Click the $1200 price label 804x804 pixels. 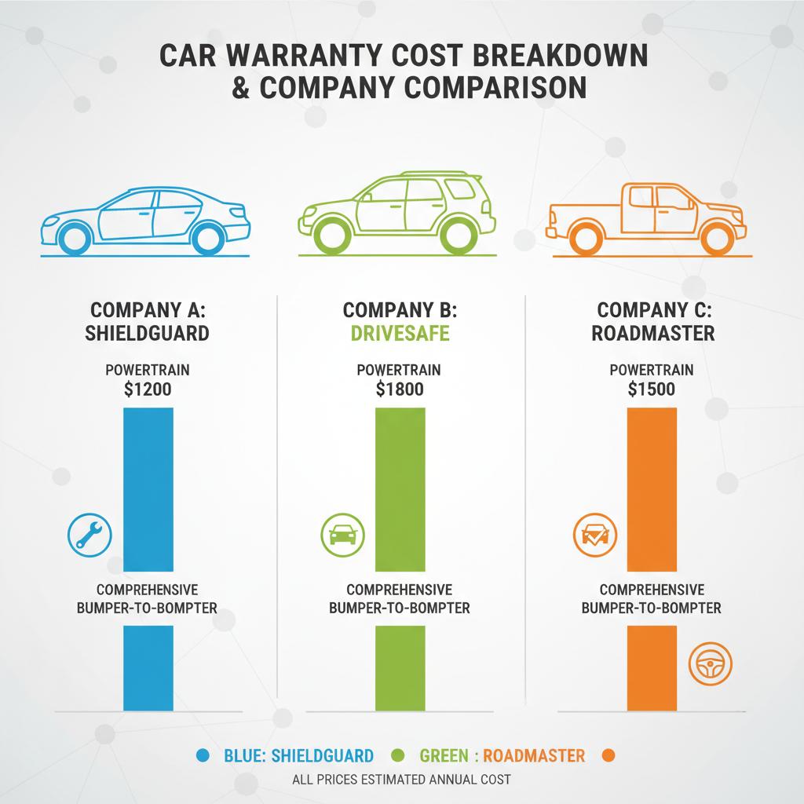pyautogui.click(x=148, y=389)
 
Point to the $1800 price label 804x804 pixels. pyautogui.click(x=400, y=389)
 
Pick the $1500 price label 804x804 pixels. pyautogui.click(x=651, y=389)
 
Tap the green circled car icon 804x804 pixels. pyautogui.click(x=343, y=535)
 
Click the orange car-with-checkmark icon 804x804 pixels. pyautogui.click(x=594, y=535)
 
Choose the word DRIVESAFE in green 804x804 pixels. pyautogui.click(x=400, y=333)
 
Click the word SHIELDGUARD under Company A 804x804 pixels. pyautogui.click(x=148, y=333)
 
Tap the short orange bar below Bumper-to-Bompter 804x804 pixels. pyautogui.click(x=651, y=667)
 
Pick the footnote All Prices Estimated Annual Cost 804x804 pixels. pyautogui.click(x=401, y=780)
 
